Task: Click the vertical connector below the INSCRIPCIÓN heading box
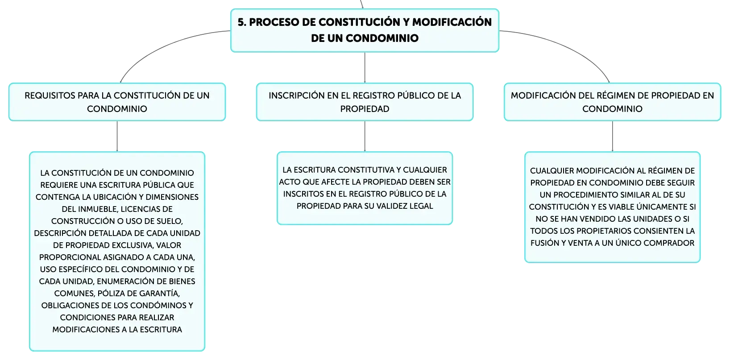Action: [365, 137]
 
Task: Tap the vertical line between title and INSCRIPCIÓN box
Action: [365, 68]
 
